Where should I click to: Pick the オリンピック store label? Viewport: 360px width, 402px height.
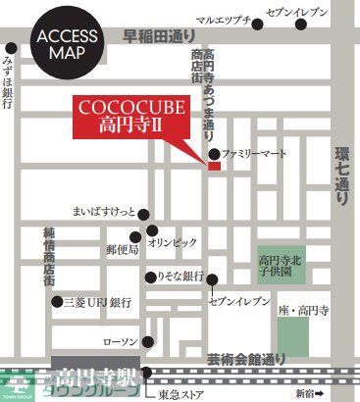click(172, 240)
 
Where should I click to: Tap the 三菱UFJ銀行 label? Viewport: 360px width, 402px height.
click(99, 302)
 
